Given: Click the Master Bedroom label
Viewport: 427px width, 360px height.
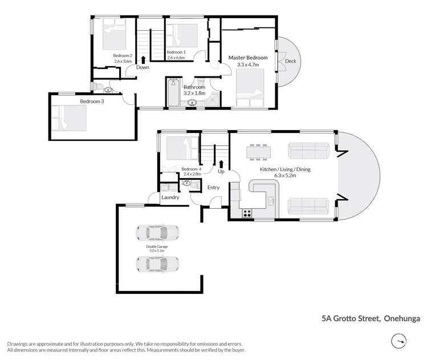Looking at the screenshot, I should [x=248, y=58].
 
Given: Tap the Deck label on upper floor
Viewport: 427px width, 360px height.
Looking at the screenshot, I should [x=291, y=61].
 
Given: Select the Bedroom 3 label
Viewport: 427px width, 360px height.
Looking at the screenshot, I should [x=76, y=102].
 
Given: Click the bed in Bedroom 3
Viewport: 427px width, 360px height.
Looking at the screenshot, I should [x=70, y=118].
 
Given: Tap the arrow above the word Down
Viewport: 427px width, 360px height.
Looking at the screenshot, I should [x=143, y=58].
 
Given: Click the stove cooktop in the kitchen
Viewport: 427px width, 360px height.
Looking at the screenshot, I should [x=248, y=213].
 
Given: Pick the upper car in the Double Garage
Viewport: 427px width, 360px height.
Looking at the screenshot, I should [x=157, y=232].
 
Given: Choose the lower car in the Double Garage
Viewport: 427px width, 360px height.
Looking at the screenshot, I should [x=157, y=264].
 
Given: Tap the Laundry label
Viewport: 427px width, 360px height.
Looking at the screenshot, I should [x=170, y=197].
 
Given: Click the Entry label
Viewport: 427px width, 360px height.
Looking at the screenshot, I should [x=213, y=187].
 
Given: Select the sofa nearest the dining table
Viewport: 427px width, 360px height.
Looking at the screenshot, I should [x=308, y=151].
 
